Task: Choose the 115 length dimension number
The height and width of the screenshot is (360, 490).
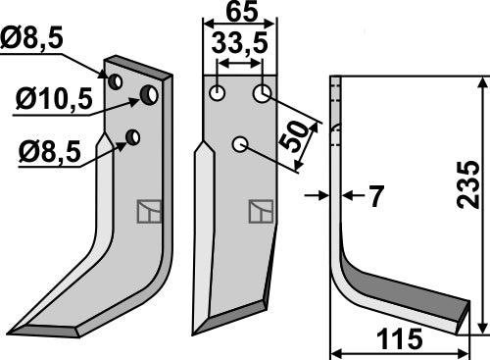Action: pyautogui.click(x=399, y=340)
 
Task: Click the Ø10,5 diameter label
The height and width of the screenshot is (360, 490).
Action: pyautogui.click(x=53, y=99)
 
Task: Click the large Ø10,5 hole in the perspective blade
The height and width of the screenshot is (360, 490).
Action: pyautogui.click(x=149, y=94)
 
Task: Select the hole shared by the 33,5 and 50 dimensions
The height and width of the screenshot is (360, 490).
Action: pyautogui.click(x=262, y=94)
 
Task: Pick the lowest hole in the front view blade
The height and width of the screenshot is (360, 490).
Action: pyautogui.click(x=238, y=145)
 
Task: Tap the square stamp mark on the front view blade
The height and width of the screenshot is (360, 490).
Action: pyautogui.click(x=261, y=210)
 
